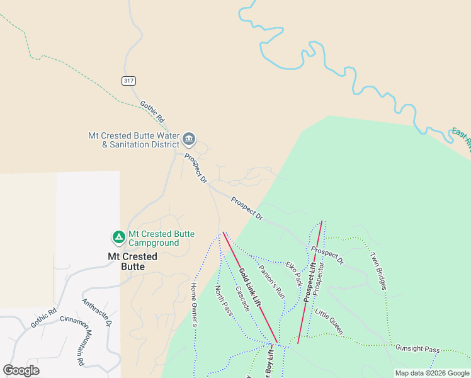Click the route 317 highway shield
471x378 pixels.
128,81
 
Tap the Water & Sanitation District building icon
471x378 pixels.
189,139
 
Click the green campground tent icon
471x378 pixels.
118,238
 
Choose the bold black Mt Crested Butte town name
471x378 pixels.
132,261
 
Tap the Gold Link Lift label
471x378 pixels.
250,288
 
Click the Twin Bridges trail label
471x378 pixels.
378,271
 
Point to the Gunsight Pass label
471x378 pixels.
417,348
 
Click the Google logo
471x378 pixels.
21,370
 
